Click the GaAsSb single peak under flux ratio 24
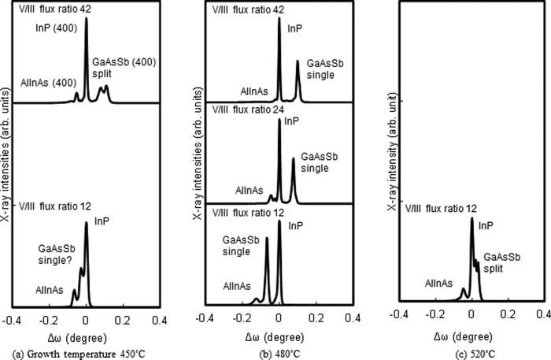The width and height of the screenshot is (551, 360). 294,160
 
